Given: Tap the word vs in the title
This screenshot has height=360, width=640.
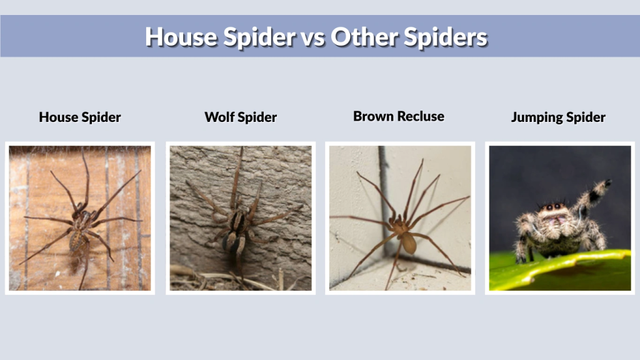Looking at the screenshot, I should (312, 37).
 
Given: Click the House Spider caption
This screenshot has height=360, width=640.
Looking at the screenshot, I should (80, 117).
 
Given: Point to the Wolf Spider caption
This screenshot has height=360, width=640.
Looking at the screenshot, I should (241, 117).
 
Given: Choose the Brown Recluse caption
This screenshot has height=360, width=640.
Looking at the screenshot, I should (399, 116).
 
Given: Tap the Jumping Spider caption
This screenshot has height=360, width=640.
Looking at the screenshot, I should (558, 117).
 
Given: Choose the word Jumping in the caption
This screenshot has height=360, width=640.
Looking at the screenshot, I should (534, 117).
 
